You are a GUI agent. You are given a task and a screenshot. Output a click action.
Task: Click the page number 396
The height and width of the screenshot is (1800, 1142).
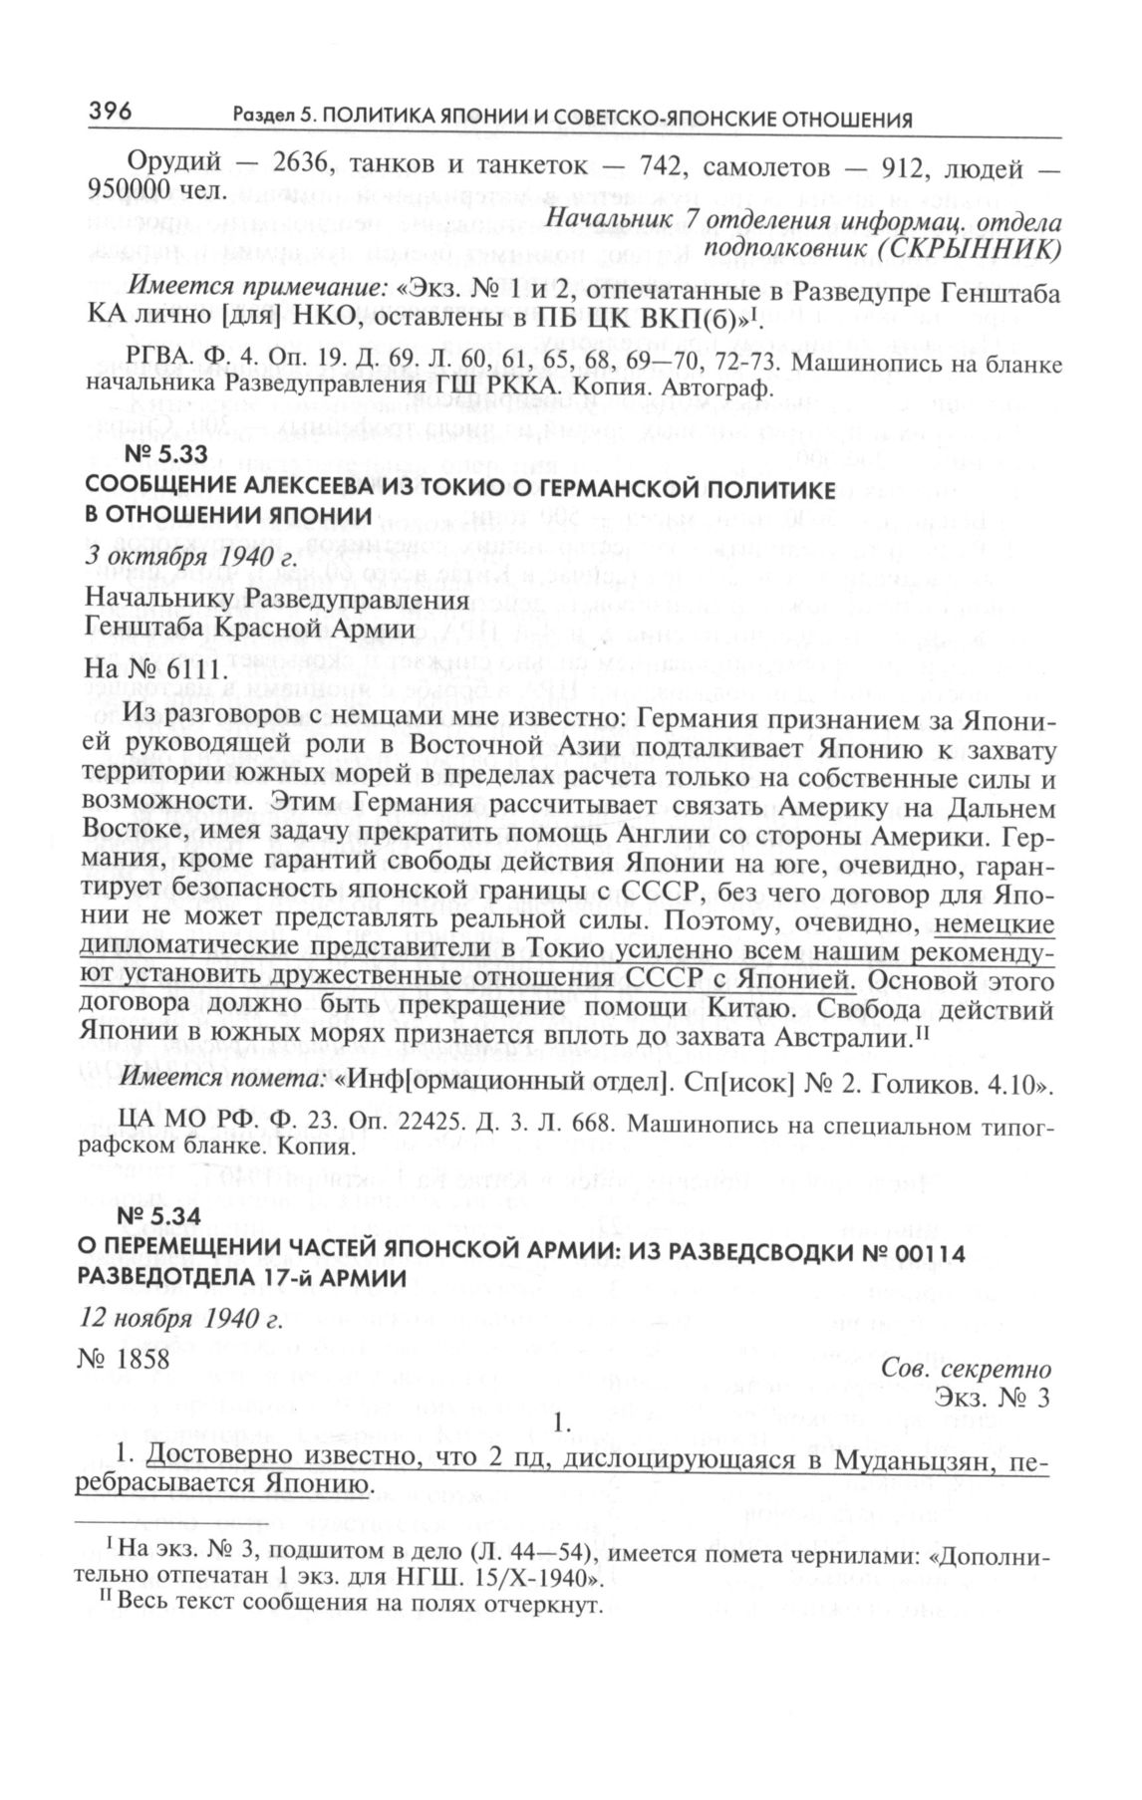click(x=111, y=112)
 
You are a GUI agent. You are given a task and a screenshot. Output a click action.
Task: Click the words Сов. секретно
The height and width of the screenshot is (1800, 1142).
click(x=966, y=1369)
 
